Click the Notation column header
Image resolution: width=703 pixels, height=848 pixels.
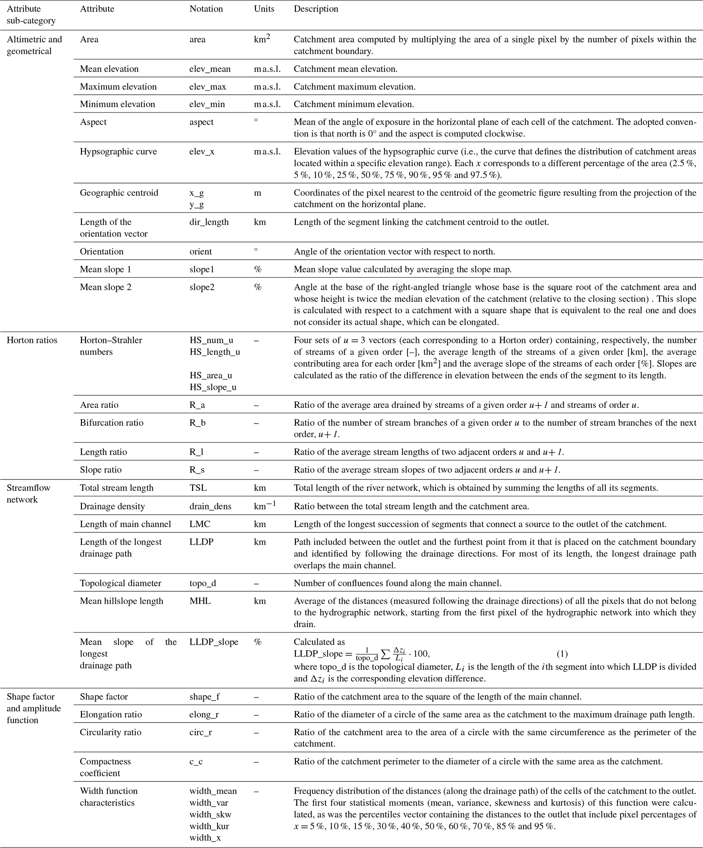(x=206, y=9)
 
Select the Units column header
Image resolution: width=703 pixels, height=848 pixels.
(x=264, y=9)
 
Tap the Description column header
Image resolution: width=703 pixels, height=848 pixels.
(x=316, y=9)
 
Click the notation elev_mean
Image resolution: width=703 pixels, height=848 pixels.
(x=210, y=69)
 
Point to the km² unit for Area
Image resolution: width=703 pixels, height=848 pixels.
(x=262, y=39)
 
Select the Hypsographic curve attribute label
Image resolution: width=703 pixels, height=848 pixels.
(x=118, y=152)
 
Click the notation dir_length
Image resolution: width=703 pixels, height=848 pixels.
(x=209, y=222)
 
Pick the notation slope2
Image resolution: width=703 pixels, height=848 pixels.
(x=202, y=287)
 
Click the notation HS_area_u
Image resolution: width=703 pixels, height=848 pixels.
(x=211, y=376)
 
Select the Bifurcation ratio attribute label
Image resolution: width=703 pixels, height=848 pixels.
(x=112, y=423)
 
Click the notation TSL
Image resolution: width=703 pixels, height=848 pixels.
(x=198, y=488)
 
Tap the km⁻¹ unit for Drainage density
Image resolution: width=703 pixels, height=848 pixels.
(x=265, y=506)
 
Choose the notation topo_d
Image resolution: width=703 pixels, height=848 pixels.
(x=202, y=583)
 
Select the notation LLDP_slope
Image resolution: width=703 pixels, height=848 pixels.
(x=214, y=642)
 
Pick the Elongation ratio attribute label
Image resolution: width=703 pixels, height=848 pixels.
(x=111, y=714)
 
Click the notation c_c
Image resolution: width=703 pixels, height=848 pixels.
(x=196, y=762)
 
